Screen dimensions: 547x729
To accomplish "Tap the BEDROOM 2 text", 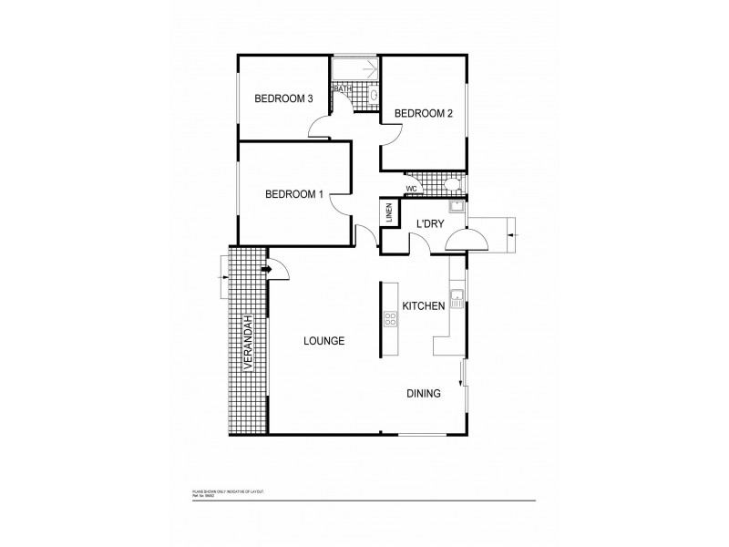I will (x=423, y=114).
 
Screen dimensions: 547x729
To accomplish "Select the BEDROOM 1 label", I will (x=294, y=193).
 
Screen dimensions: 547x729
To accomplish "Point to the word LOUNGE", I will (x=323, y=341).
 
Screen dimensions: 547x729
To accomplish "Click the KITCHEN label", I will (x=424, y=306).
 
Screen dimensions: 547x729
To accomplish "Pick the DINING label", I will (x=424, y=394).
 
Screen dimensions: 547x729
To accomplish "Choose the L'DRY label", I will (x=429, y=224).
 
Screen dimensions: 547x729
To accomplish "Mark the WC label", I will (x=411, y=189).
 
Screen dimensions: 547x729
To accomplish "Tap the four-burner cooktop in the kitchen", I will (x=390, y=319).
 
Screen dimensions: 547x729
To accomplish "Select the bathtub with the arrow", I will (x=354, y=70).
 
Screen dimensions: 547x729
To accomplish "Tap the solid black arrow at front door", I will (x=268, y=269).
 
